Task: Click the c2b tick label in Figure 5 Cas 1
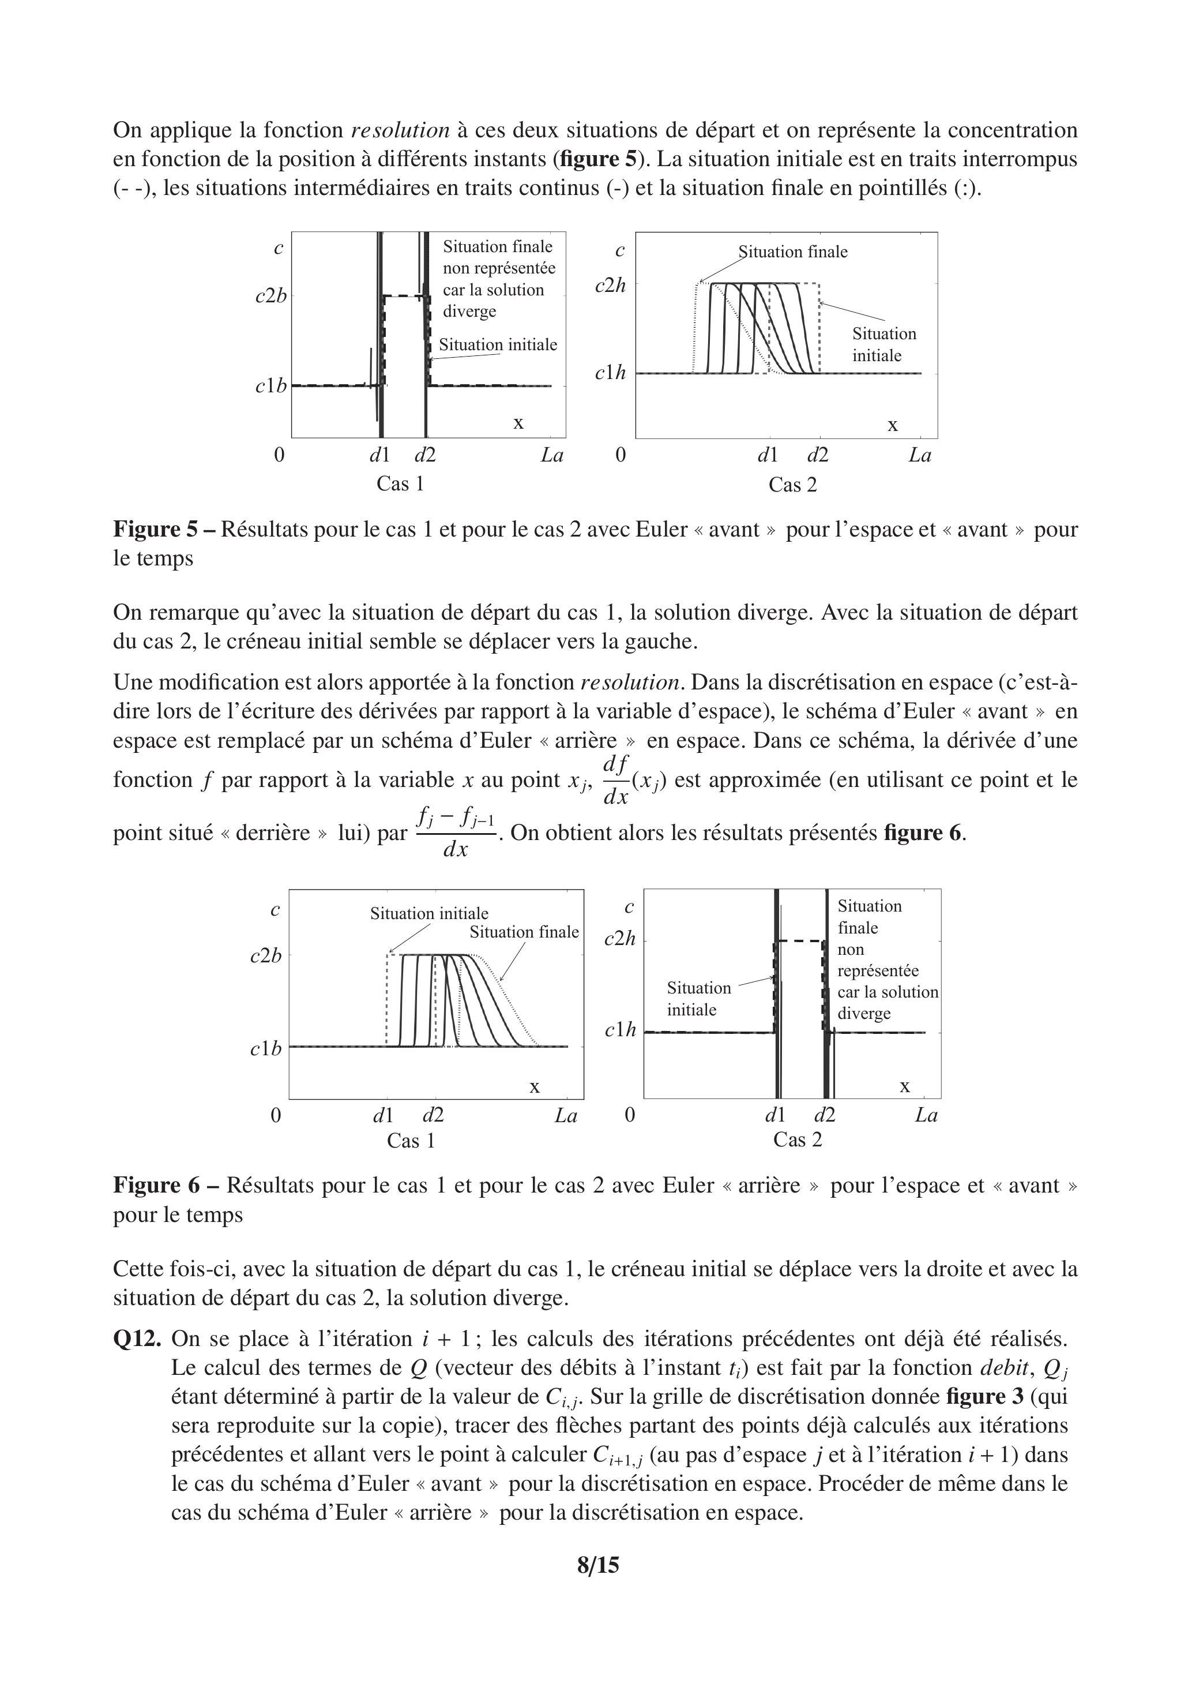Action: tap(270, 297)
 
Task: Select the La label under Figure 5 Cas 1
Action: tap(551, 456)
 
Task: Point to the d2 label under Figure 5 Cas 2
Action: tap(817, 456)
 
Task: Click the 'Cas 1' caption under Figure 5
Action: tap(400, 483)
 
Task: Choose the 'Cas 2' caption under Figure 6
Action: tap(798, 1139)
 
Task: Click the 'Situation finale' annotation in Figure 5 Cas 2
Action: tap(793, 252)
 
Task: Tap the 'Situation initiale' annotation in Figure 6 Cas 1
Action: tap(429, 913)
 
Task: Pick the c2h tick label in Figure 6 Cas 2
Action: tap(619, 939)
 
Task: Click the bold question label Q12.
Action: tap(137, 1339)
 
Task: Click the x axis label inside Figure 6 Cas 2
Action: tap(905, 1086)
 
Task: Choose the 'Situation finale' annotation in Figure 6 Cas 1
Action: tap(524, 932)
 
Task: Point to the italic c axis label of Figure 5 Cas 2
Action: tap(620, 250)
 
